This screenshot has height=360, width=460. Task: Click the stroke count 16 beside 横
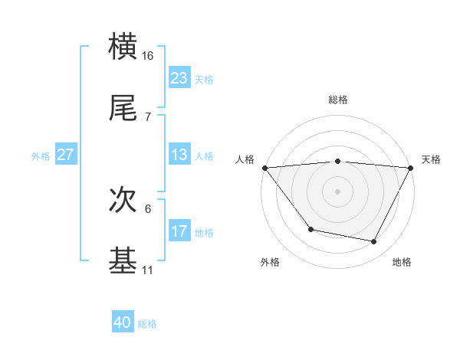148,56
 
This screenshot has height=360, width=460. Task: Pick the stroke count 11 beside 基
148,270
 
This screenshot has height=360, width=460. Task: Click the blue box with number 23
179,77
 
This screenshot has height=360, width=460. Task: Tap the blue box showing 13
179,155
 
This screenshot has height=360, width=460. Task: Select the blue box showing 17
179,231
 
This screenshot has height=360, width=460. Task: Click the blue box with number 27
65,155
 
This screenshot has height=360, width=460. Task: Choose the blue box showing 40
123,322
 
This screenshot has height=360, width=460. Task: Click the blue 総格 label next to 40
147,324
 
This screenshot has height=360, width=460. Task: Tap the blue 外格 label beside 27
41,156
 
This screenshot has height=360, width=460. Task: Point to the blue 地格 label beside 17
204,233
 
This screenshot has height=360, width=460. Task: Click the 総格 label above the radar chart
338,100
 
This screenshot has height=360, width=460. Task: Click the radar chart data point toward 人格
264,168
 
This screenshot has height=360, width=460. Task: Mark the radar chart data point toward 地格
374,242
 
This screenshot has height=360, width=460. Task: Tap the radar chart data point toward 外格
310,229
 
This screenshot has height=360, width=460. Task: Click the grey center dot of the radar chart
338,191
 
